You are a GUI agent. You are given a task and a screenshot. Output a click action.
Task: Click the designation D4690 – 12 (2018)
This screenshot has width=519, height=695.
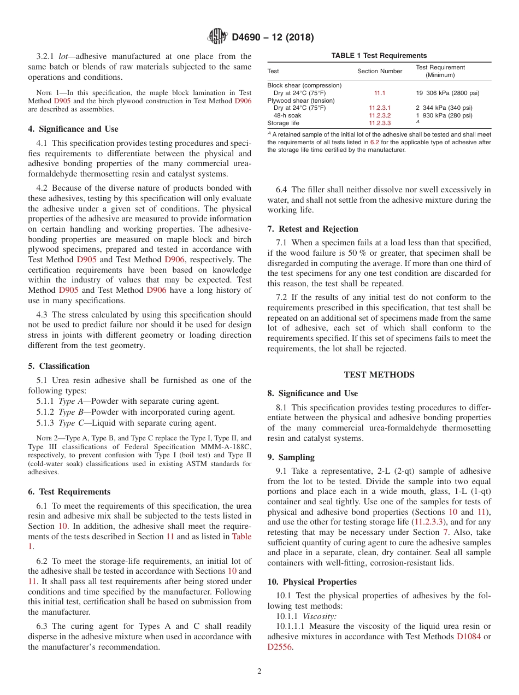[x=273, y=38]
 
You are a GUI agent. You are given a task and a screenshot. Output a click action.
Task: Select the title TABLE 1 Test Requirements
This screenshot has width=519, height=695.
[x=379, y=56]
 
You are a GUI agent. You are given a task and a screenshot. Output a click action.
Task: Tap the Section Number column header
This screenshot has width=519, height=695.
[x=380, y=71]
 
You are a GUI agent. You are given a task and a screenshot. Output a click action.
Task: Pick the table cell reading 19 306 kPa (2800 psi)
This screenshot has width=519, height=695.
[x=448, y=93]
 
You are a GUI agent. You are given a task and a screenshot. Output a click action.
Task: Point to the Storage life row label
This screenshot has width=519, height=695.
[x=283, y=123]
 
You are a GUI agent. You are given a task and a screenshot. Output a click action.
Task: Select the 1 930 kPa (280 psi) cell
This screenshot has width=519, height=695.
[x=444, y=116]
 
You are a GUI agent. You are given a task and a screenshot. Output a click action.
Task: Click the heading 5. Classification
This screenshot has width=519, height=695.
[x=59, y=366]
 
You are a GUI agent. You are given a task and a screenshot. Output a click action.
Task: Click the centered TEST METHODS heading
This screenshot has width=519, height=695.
[x=379, y=375]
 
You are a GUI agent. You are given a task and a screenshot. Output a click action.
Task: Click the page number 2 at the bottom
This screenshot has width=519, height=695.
[x=259, y=672]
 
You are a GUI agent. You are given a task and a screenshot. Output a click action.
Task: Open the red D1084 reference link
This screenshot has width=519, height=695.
[x=468, y=637]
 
